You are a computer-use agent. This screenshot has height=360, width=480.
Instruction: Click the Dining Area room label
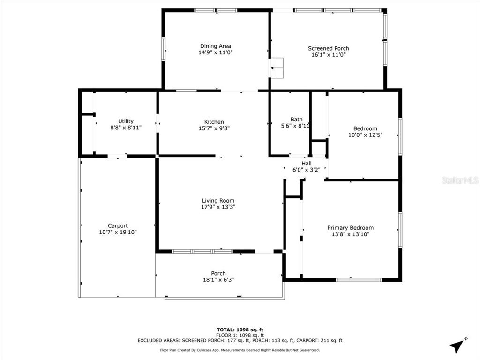pyautogui.click(x=216, y=46)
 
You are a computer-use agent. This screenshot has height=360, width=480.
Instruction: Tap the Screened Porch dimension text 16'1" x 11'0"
pyautogui.click(x=329, y=55)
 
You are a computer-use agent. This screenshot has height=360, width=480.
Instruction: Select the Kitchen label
pyautogui.click(x=214, y=122)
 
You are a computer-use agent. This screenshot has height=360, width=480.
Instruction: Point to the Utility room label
pyautogui.click(x=126, y=121)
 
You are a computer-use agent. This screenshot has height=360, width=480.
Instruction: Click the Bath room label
pyautogui.click(x=296, y=120)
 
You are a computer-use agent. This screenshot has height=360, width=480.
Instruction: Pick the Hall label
pyautogui.click(x=307, y=164)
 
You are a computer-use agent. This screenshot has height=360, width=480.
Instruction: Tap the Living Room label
pyautogui.click(x=218, y=201)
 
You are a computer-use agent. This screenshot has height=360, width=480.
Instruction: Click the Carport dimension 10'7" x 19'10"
pyautogui.click(x=118, y=232)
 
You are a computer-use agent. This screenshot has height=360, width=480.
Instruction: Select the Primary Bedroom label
pyautogui.click(x=350, y=228)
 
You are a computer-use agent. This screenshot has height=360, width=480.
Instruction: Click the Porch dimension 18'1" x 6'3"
pyautogui.click(x=218, y=279)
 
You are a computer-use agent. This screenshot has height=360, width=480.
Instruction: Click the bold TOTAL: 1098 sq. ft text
pyautogui.click(x=240, y=330)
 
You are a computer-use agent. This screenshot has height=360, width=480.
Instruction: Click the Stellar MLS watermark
pyautogui.click(x=460, y=180)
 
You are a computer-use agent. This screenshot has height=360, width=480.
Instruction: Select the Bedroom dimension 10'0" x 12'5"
pyautogui.click(x=365, y=135)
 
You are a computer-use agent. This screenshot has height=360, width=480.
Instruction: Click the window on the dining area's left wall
pyautogui.click(x=163, y=49)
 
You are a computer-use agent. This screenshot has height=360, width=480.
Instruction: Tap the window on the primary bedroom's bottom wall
pyautogui.click(x=359, y=279)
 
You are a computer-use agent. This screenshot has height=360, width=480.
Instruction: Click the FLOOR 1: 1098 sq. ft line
pyautogui.click(x=240, y=335)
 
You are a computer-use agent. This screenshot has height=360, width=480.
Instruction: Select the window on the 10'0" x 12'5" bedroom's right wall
pyautogui.click(x=400, y=136)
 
